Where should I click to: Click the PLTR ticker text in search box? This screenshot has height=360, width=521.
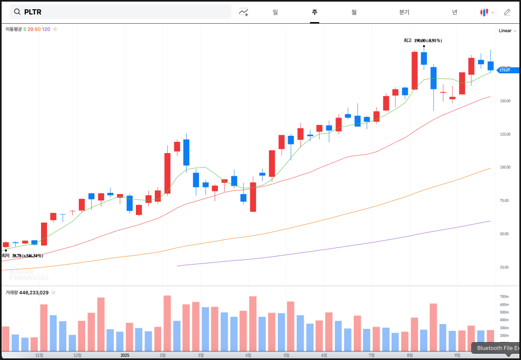click(32, 12)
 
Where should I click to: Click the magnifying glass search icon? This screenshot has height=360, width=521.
click(17, 12)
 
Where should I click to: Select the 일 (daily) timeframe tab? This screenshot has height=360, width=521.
click(275, 12)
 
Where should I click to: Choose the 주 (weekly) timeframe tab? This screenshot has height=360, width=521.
click(314, 12)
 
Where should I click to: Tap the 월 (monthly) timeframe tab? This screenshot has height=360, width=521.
click(354, 12)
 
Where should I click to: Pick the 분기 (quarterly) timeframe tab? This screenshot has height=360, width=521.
click(405, 12)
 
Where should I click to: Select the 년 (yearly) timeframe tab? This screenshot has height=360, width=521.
click(455, 12)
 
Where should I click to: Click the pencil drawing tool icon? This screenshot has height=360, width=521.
click(507, 12)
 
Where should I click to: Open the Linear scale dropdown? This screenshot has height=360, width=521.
click(507, 31)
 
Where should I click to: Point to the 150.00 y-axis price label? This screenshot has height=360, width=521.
click(504, 101)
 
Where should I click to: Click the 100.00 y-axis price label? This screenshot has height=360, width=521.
click(504, 167)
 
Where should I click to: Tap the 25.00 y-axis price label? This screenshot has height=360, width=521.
click(505, 267)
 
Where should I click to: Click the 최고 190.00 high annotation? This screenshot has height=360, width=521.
click(423, 40)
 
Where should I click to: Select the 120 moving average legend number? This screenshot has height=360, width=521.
click(46, 29)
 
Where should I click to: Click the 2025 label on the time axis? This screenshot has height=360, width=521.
click(125, 355)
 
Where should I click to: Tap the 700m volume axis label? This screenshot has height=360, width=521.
click(504, 297)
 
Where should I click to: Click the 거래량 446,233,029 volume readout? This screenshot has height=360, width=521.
click(27, 293)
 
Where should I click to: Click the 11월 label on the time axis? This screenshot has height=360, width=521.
click(39, 355)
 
